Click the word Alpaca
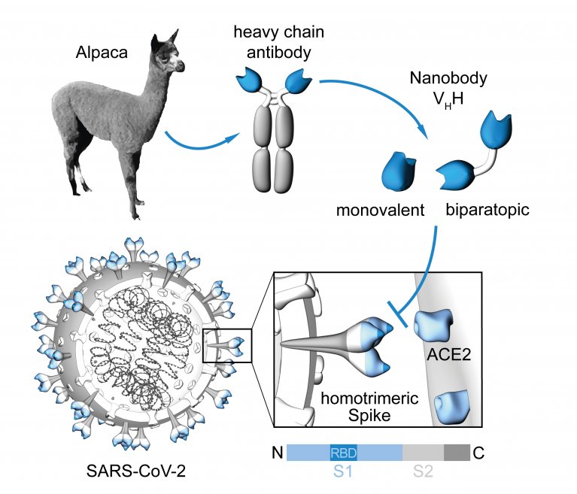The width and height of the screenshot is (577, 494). tap(102, 52)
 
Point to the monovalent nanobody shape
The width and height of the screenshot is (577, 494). tap(399, 171)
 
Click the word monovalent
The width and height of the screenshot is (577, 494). tap(380, 210)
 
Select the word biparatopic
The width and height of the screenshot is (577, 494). tap(487, 210)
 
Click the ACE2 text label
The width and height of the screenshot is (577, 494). tap(449, 355)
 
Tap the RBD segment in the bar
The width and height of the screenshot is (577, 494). tap(343, 453)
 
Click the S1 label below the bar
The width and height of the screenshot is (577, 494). tap(343, 471)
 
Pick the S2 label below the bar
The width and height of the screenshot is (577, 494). tap(424, 471)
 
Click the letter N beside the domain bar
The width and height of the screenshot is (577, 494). tap(278, 453)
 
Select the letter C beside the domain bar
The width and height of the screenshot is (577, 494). tap(478, 453)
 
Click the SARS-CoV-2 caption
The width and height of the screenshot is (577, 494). tap(136, 471)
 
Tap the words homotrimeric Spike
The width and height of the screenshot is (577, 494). tap(369, 407)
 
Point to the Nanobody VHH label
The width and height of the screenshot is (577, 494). tap(448, 88)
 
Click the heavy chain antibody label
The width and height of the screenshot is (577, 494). tap(279, 42)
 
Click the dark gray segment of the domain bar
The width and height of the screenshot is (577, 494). tap(457, 453)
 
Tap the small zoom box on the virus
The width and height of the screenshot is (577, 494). tap(227, 346)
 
